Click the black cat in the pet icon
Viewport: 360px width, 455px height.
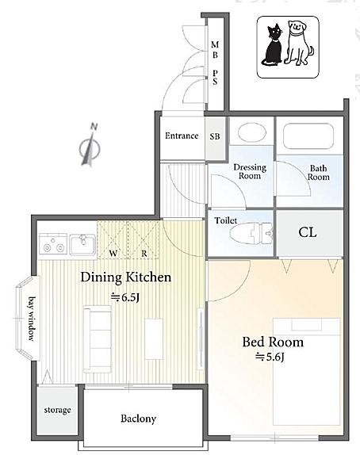[272, 46]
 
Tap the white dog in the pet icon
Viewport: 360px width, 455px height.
[298, 43]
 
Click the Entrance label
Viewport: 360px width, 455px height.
[182, 136]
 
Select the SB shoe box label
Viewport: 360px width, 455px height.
[215, 136]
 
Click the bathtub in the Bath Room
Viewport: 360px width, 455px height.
[308, 136]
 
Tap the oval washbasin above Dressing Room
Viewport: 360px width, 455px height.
[251, 132]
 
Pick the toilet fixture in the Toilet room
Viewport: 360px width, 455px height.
[251, 233]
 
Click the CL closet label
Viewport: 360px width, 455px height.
[308, 232]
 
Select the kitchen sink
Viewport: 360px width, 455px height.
[82, 243]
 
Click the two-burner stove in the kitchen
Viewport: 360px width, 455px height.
[53, 243]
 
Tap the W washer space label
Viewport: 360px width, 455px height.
[113, 254]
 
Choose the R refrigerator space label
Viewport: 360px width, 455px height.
[144, 254]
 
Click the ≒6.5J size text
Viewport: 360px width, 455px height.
[125, 297]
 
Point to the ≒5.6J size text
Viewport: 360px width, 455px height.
[269, 357]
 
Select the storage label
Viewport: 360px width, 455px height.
[57, 410]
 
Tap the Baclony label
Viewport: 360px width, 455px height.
[138, 419]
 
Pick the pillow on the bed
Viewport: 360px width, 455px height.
[307, 325]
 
